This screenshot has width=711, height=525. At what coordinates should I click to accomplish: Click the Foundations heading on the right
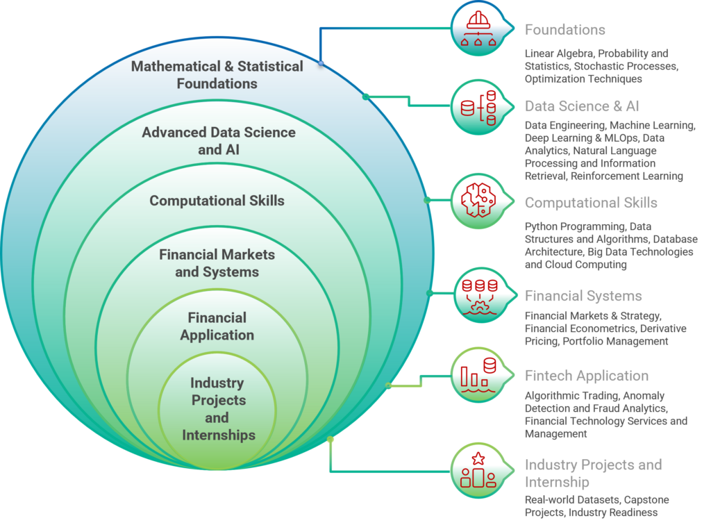coord(564,30)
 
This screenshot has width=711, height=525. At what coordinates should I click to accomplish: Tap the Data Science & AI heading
coord(582,106)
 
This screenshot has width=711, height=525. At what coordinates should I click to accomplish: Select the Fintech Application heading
coord(587,376)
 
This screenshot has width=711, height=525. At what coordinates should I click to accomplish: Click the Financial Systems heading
coord(583,296)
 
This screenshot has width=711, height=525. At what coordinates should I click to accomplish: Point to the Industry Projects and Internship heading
coord(593,473)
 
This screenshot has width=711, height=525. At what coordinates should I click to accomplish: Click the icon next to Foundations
coord(478,29)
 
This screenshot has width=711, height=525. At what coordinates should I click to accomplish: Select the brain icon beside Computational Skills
coord(478,201)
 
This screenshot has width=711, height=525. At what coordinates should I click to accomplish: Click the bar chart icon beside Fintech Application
coord(478,375)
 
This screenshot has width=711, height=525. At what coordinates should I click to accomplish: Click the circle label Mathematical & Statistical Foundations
coord(217,75)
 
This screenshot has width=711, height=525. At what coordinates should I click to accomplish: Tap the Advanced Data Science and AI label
coord(218,140)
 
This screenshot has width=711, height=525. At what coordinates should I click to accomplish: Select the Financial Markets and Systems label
coord(217,263)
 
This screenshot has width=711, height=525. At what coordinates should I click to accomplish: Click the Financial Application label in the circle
coord(217,326)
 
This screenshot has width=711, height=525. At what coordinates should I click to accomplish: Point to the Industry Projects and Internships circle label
coord(218,409)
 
